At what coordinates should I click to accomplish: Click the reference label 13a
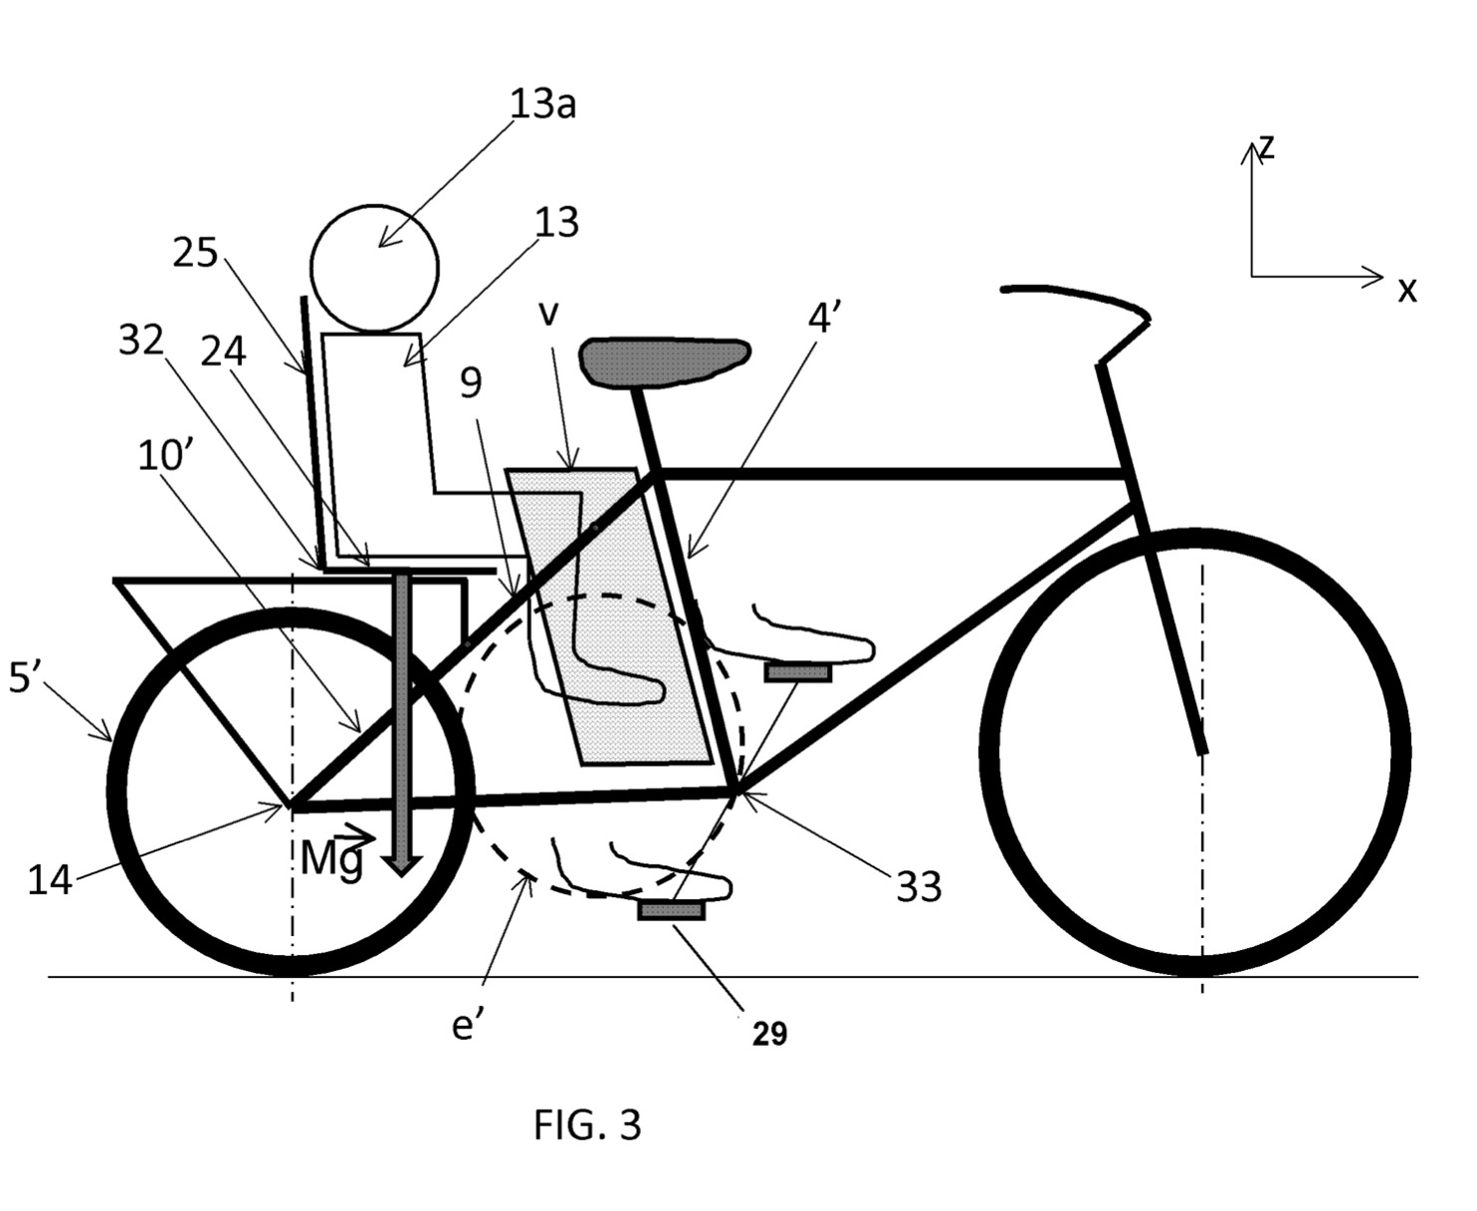[x=542, y=104]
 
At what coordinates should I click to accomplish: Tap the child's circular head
[x=374, y=267]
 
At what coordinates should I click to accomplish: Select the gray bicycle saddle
[x=664, y=359]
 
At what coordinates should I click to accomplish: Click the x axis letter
[x=1406, y=290]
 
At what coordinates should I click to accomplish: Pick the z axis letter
[x=1266, y=146]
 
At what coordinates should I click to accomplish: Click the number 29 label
[x=769, y=1034]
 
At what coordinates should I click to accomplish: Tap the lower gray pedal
[x=672, y=909]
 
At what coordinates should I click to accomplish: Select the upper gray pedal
[x=797, y=673]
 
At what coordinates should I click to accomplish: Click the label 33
[x=919, y=885]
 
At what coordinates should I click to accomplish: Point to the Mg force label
[x=332, y=858]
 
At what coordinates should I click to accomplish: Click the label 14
[x=50, y=880]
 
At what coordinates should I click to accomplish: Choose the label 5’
[x=25, y=681]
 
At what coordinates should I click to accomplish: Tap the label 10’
[x=165, y=456]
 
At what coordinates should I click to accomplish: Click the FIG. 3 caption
[x=587, y=1124]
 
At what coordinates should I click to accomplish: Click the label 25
[x=195, y=253]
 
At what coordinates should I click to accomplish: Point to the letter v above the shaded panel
[x=548, y=313]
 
